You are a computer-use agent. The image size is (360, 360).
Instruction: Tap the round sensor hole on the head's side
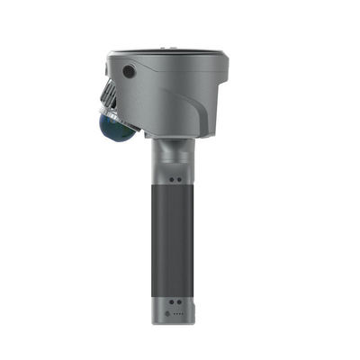[130, 71]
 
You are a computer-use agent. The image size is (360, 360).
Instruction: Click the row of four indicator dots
[176, 315]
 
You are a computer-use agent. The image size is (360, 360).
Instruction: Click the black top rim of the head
[171, 51]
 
